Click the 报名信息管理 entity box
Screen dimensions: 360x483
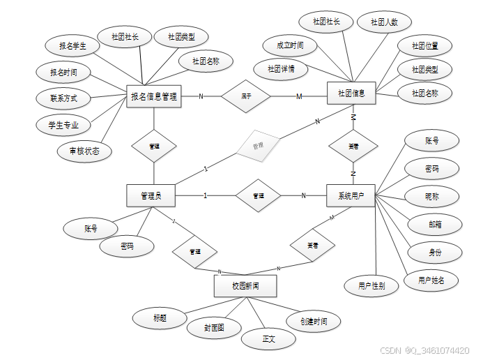point(154,97)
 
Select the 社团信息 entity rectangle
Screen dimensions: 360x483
point(351,93)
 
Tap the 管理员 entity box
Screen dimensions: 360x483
point(151,196)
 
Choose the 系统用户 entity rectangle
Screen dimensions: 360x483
point(351,195)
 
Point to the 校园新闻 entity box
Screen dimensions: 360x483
point(245,286)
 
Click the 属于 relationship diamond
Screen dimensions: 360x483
point(245,96)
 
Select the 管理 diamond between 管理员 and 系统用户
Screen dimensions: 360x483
point(258,196)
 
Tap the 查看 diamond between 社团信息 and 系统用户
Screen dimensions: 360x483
point(353,147)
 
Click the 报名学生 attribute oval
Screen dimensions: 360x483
point(72,46)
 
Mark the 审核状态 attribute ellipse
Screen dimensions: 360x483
point(84,151)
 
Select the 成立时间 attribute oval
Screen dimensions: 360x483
point(290,45)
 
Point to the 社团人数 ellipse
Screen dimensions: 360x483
point(384,22)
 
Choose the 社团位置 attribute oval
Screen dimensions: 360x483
point(424,46)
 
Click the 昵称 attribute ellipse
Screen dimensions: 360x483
point(432,196)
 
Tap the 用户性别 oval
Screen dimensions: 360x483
point(371,285)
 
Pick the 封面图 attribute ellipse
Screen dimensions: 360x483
point(214,327)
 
